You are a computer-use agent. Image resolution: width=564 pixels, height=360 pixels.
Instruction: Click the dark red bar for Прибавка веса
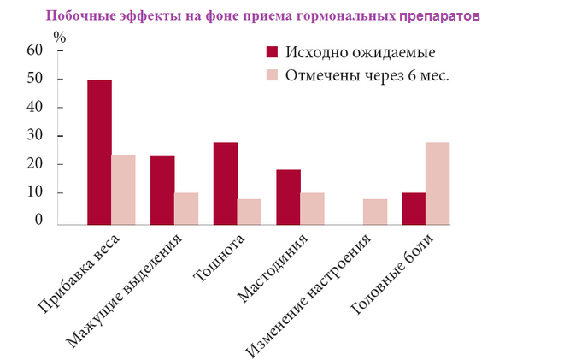pos(99,151)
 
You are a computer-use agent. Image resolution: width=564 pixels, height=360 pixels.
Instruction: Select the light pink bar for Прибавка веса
pos(123,189)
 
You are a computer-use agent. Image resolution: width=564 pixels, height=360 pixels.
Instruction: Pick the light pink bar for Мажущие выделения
pos(186,208)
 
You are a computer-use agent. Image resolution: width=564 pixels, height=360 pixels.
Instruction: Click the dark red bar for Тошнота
pos(226,183)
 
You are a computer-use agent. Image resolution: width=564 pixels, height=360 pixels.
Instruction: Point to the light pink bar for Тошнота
pos(250,211)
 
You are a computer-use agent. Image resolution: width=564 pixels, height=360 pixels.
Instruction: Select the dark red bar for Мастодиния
pos(288,197)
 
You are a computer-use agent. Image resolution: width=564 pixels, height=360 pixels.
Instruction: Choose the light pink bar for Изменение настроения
pos(375,211)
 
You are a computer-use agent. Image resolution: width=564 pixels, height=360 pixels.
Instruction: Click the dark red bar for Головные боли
pos(414,208)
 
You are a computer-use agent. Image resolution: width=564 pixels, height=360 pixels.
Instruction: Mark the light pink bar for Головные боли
pos(438,183)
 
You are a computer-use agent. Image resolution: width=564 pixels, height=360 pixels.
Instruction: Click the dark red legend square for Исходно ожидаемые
pos(273,52)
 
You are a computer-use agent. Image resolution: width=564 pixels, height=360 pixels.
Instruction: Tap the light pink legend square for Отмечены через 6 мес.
pos(273,75)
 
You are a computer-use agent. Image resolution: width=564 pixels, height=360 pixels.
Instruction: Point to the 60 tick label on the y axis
pos(34,50)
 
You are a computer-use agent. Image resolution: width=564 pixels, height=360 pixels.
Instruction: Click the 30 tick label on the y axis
pos(34,136)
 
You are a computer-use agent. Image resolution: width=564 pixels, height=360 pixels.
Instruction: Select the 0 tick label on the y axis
pos(38,220)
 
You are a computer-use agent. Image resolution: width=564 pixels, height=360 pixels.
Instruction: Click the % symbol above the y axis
pos(59,37)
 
